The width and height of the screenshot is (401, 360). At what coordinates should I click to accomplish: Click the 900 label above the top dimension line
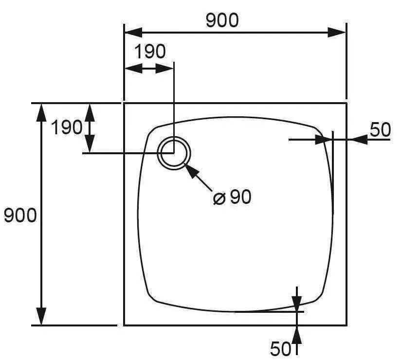(x=222, y=20)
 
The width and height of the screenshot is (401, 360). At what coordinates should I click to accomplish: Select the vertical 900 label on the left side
(x=20, y=216)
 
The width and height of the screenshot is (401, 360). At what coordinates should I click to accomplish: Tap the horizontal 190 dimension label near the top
(x=150, y=52)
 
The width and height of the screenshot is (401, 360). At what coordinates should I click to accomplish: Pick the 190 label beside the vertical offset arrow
(x=67, y=127)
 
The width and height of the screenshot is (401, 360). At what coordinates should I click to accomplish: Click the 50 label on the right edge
(x=380, y=129)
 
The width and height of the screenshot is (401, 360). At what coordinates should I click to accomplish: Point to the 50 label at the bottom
(x=280, y=348)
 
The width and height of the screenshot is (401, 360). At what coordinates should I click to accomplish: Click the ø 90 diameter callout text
(x=232, y=198)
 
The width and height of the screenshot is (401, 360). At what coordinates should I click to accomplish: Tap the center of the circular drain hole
(x=174, y=153)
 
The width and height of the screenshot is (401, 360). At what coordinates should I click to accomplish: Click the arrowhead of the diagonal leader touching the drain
(x=190, y=171)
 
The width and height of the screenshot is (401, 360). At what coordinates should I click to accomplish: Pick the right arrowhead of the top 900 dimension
(x=337, y=33)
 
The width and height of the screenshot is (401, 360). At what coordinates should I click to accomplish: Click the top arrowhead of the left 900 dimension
(x=41, y=112)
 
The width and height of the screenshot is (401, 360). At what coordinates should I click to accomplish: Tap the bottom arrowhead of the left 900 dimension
(x=41, y=316)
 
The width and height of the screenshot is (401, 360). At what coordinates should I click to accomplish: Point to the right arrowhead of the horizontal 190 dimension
(x=164, y=69)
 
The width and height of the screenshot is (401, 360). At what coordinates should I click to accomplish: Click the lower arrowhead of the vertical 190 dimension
(x=90, y=144)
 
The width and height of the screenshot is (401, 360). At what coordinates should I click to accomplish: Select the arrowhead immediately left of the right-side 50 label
(x=360, y=140)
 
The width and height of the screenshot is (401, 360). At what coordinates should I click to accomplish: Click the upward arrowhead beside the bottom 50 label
(x=297, y=335)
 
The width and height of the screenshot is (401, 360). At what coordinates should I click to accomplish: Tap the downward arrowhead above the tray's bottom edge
(x=297, y=304)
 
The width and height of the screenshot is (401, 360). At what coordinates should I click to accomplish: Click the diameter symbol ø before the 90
(x=219, y=198)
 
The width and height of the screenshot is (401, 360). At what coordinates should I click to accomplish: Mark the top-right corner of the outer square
(x=346, y=103)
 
